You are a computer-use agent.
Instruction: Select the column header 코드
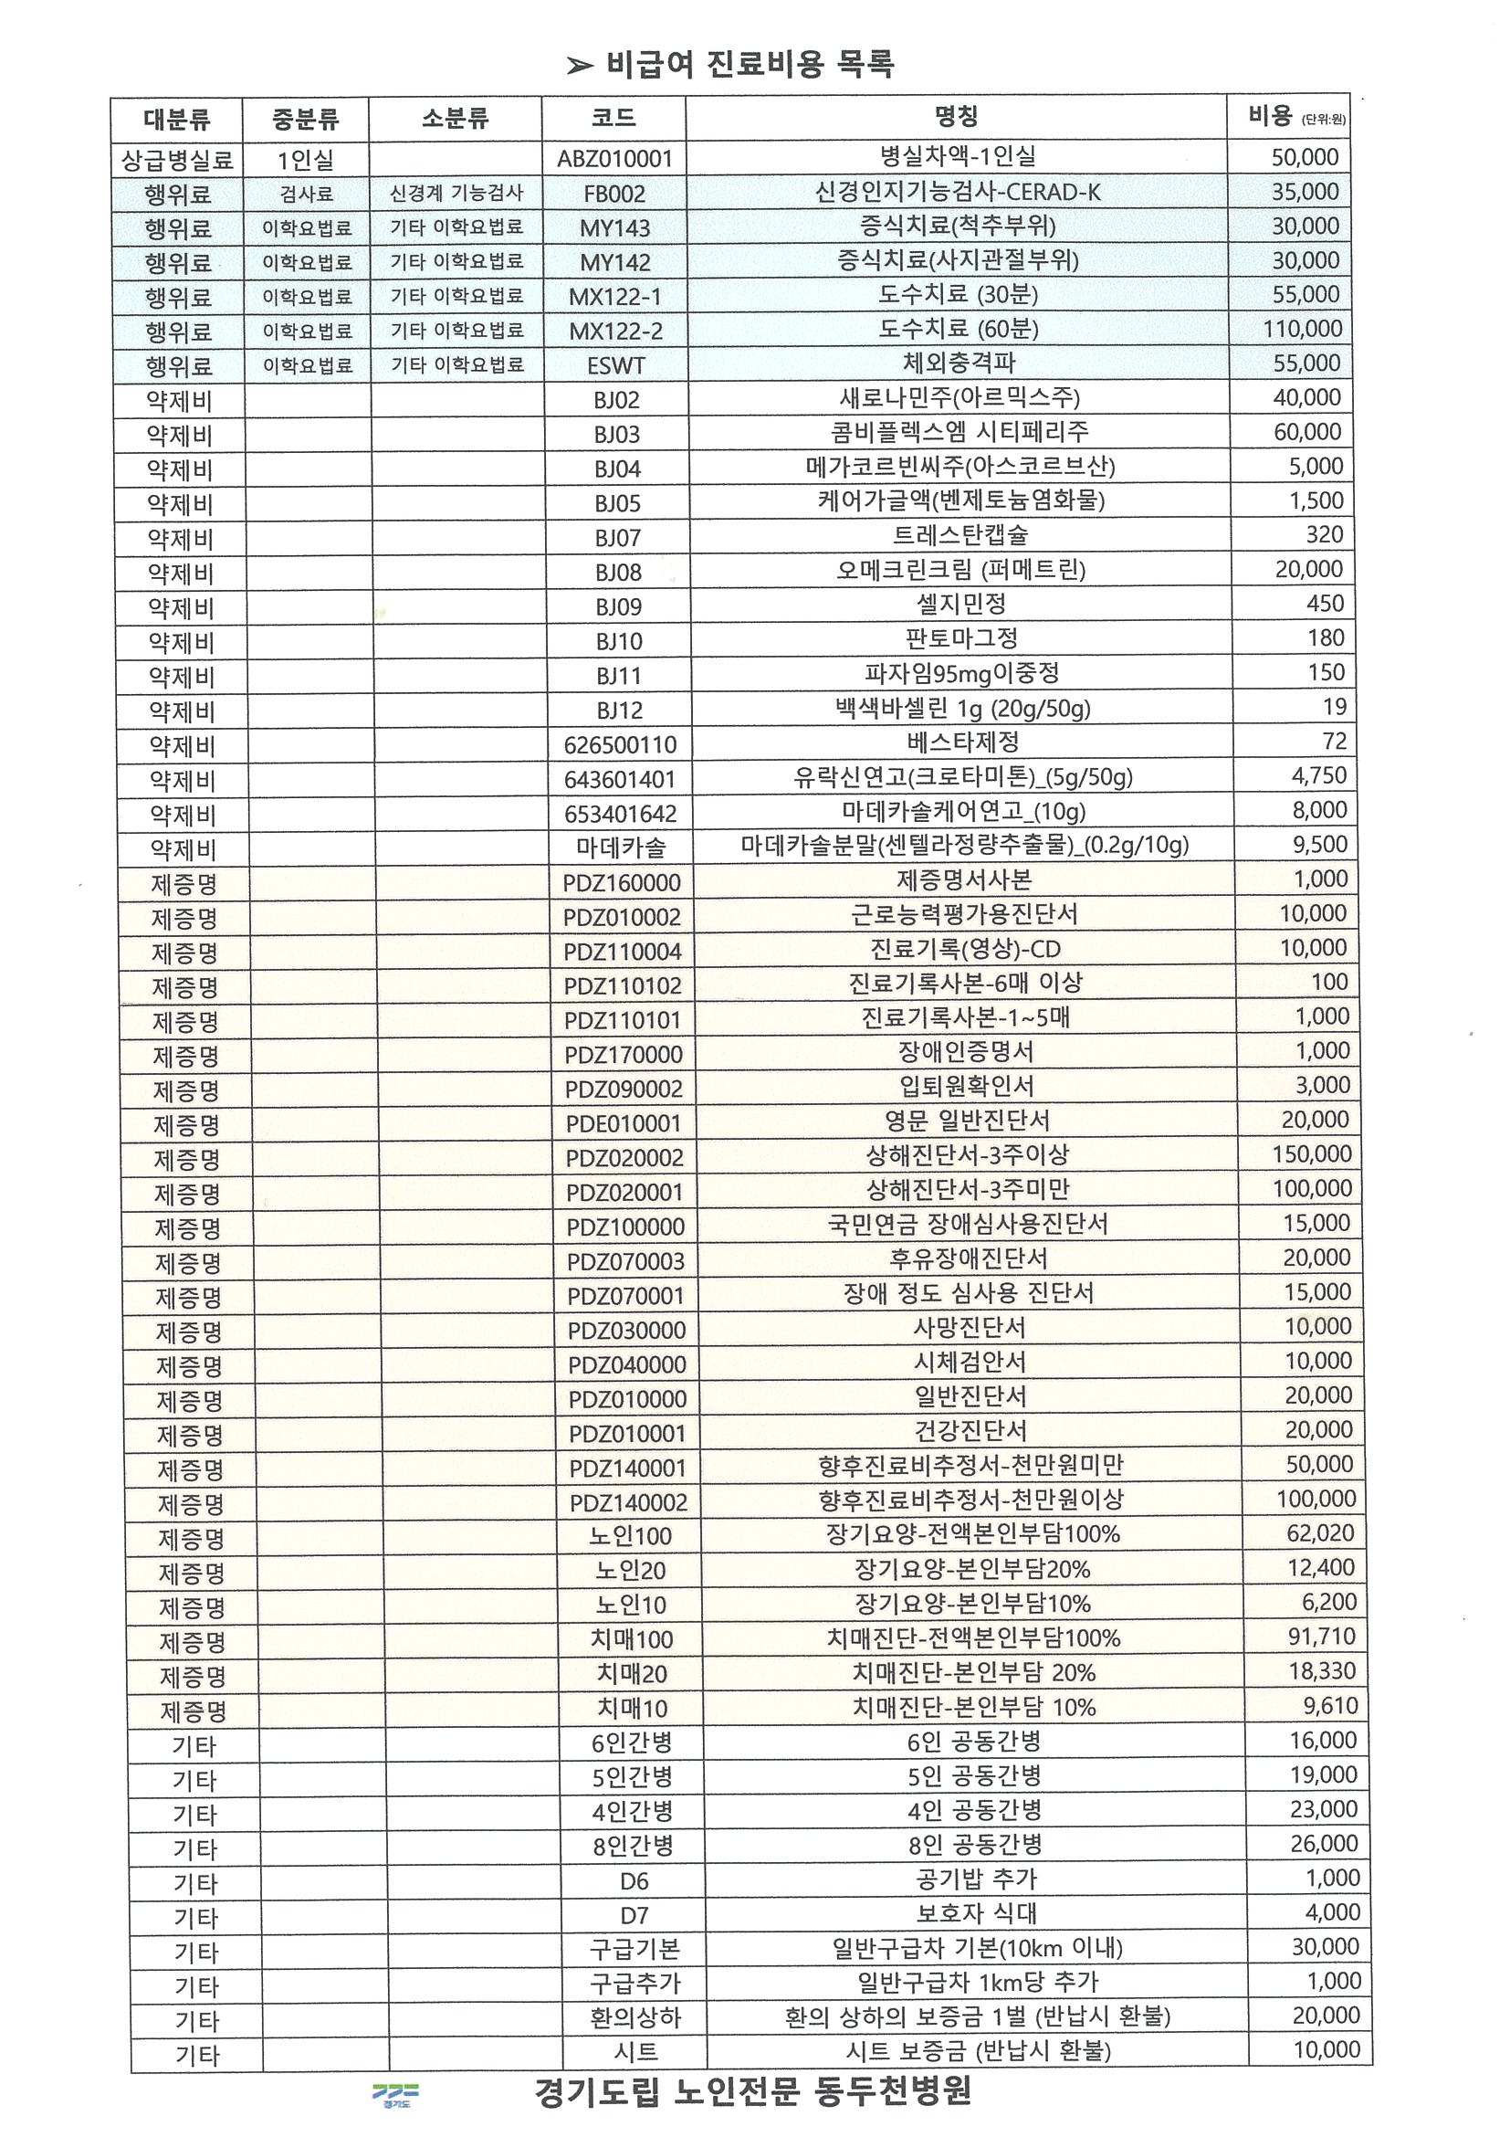coord(613,118)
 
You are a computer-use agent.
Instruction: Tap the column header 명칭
coord(956,117)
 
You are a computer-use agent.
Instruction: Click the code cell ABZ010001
coord(614,158)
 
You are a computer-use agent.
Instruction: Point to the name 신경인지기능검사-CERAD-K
coord(958,193)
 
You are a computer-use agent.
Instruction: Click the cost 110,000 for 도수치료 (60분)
coord(1302,329)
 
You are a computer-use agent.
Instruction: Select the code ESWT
coord(616,366)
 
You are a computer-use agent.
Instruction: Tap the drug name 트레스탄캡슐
coord(960,535)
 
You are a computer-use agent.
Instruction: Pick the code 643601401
coord(620,779)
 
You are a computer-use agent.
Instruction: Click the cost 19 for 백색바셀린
coord(1334,708)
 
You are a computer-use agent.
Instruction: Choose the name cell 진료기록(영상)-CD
coord(965,950)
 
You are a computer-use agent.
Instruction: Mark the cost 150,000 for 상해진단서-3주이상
coord(1311,1155)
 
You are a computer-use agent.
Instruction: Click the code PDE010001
coord(624,1123)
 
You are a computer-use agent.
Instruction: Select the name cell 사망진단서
coord(969,1328)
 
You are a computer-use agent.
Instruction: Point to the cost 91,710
coord(1321,1637)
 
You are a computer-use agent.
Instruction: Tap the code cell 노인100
coord(630,1536)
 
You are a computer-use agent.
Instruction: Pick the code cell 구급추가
coord(635,1984)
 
